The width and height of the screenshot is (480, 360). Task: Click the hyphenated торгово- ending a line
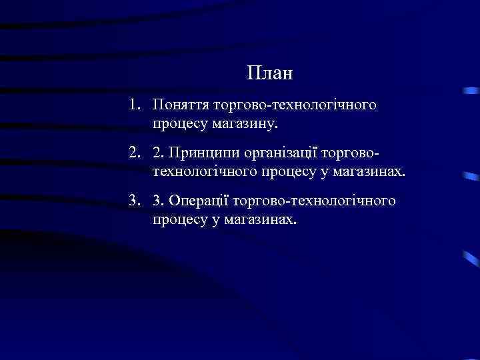(351, 153)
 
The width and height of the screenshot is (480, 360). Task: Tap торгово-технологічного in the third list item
(313, 201)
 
